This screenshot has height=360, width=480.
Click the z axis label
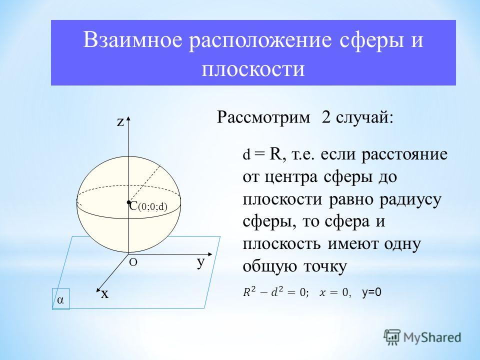[120, 122]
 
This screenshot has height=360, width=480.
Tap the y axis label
[201, 262]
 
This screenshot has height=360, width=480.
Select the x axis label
[104, 294]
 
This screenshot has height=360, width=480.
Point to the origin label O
[133, 262]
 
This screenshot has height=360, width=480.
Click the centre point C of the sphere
[129, 202]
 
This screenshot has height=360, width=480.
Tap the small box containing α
[60, 299]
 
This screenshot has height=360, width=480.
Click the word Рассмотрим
[263, 117]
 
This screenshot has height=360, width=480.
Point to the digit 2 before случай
[326, 117]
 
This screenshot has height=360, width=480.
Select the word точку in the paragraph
[325, 266]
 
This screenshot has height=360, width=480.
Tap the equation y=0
[371, 293]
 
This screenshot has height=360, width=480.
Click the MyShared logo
[422, 337]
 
